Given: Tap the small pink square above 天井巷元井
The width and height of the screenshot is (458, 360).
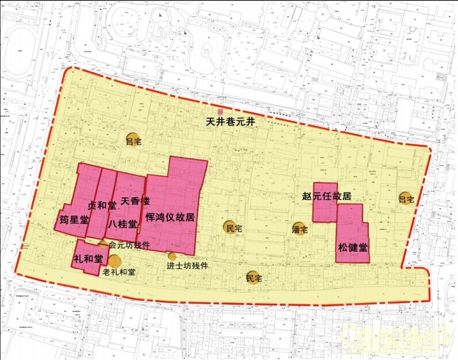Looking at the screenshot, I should [x=220, y=112].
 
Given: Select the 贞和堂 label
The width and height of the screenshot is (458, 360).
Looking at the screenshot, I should [x=102, y=205].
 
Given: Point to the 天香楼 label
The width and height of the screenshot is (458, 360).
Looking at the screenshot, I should [x=135, y=201].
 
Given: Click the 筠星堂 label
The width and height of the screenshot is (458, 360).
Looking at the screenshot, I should [x=74, y=220].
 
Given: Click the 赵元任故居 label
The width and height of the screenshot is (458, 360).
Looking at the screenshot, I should [x=326, y=196].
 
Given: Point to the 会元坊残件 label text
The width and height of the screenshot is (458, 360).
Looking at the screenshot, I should [x=129, y=244].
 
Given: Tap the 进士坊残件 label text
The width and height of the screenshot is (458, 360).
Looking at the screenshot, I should [x=187, y=266].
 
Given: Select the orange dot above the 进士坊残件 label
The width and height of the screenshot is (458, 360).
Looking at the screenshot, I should [x=172, y=256].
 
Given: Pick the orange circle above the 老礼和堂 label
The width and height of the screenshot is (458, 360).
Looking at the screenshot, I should [x=114, y=262].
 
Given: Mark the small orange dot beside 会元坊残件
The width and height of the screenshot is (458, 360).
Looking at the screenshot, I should [x=103, y=244].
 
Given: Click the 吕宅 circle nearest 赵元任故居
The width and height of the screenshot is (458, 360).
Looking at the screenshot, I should [x=406, y=199].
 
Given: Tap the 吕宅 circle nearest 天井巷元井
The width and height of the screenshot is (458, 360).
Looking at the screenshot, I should [x=133, y=140].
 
